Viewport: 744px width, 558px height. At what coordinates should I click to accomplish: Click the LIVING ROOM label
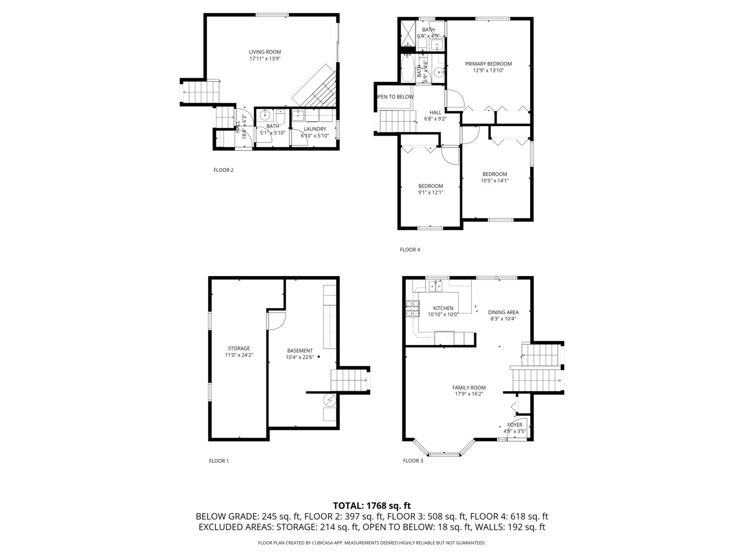tap(265, 52)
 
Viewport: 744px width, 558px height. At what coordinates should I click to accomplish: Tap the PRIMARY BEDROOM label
tap(488, 64)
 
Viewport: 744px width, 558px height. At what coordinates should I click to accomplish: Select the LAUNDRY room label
tap(315, 129)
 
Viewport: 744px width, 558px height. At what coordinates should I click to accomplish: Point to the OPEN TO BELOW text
tap(395, 97)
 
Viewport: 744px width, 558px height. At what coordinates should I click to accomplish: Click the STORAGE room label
tap(239, 348)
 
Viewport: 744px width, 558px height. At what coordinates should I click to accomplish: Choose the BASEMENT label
tap(300, 350)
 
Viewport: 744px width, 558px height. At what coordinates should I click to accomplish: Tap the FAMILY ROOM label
tap(469, 388)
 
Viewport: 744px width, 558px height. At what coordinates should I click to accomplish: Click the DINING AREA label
tap(503, 312)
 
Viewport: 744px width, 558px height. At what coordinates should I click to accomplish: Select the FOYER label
tap(514, 425)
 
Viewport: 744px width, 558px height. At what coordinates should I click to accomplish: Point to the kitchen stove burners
tap(412, 308)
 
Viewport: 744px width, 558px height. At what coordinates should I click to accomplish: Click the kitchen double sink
tap(435, 286)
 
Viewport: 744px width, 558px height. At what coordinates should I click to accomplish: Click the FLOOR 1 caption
tap(219, 461)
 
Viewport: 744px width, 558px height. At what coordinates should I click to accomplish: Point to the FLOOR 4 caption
tap(410, 250)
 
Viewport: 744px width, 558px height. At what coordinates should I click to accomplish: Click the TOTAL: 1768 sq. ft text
tap(371, 505)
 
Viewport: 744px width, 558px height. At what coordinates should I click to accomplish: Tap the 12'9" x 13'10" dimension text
tap(488, 71)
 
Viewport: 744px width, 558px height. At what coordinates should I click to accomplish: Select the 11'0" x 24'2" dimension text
tap(239, 355)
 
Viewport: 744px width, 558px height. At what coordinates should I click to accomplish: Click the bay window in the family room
tap(444, 454)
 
